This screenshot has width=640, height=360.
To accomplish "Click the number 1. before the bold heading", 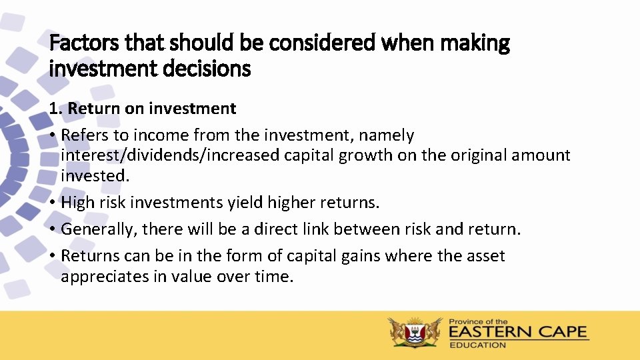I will (x=56, y=108).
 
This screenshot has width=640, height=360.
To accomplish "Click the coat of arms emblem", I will (x=415, y=332).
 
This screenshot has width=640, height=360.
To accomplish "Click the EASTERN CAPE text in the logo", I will (x=518, y=332).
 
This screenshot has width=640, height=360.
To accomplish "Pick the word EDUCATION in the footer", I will (x=477, y=345).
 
